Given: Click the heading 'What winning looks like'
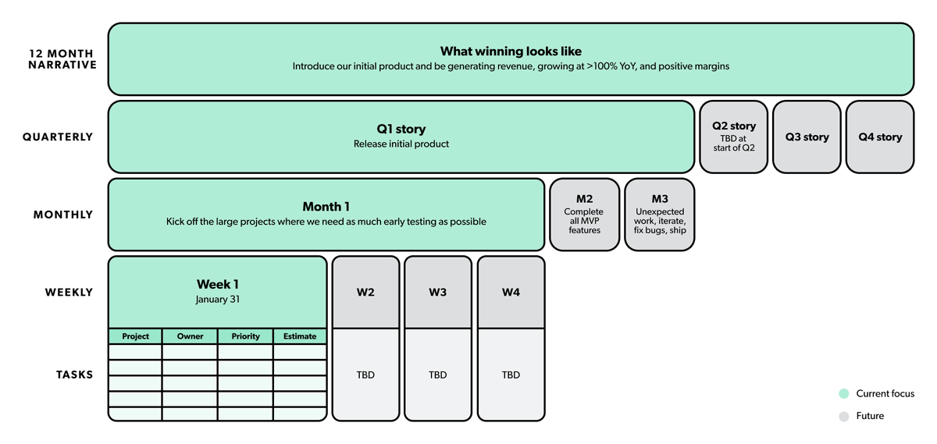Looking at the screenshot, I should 511,52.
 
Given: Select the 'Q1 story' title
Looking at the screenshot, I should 401,129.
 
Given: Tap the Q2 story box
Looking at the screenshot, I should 733,137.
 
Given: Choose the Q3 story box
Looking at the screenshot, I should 807,137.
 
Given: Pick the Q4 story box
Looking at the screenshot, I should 880,137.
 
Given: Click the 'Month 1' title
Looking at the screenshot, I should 326,207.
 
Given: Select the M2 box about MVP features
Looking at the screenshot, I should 584,215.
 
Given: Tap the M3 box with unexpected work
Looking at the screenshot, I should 659,215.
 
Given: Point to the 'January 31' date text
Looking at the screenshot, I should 217,300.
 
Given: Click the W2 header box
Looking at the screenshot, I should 365,293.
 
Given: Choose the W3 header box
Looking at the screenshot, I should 438,293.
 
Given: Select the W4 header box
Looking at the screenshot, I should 511,293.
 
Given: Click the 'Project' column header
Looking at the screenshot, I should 135,336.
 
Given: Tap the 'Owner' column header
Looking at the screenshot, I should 190,336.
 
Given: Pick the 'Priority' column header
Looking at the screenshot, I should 245,336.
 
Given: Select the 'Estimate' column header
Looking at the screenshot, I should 300,336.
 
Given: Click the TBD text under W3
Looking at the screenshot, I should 438,375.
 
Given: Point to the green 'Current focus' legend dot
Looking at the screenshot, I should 843,394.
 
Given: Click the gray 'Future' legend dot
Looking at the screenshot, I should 843,417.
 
